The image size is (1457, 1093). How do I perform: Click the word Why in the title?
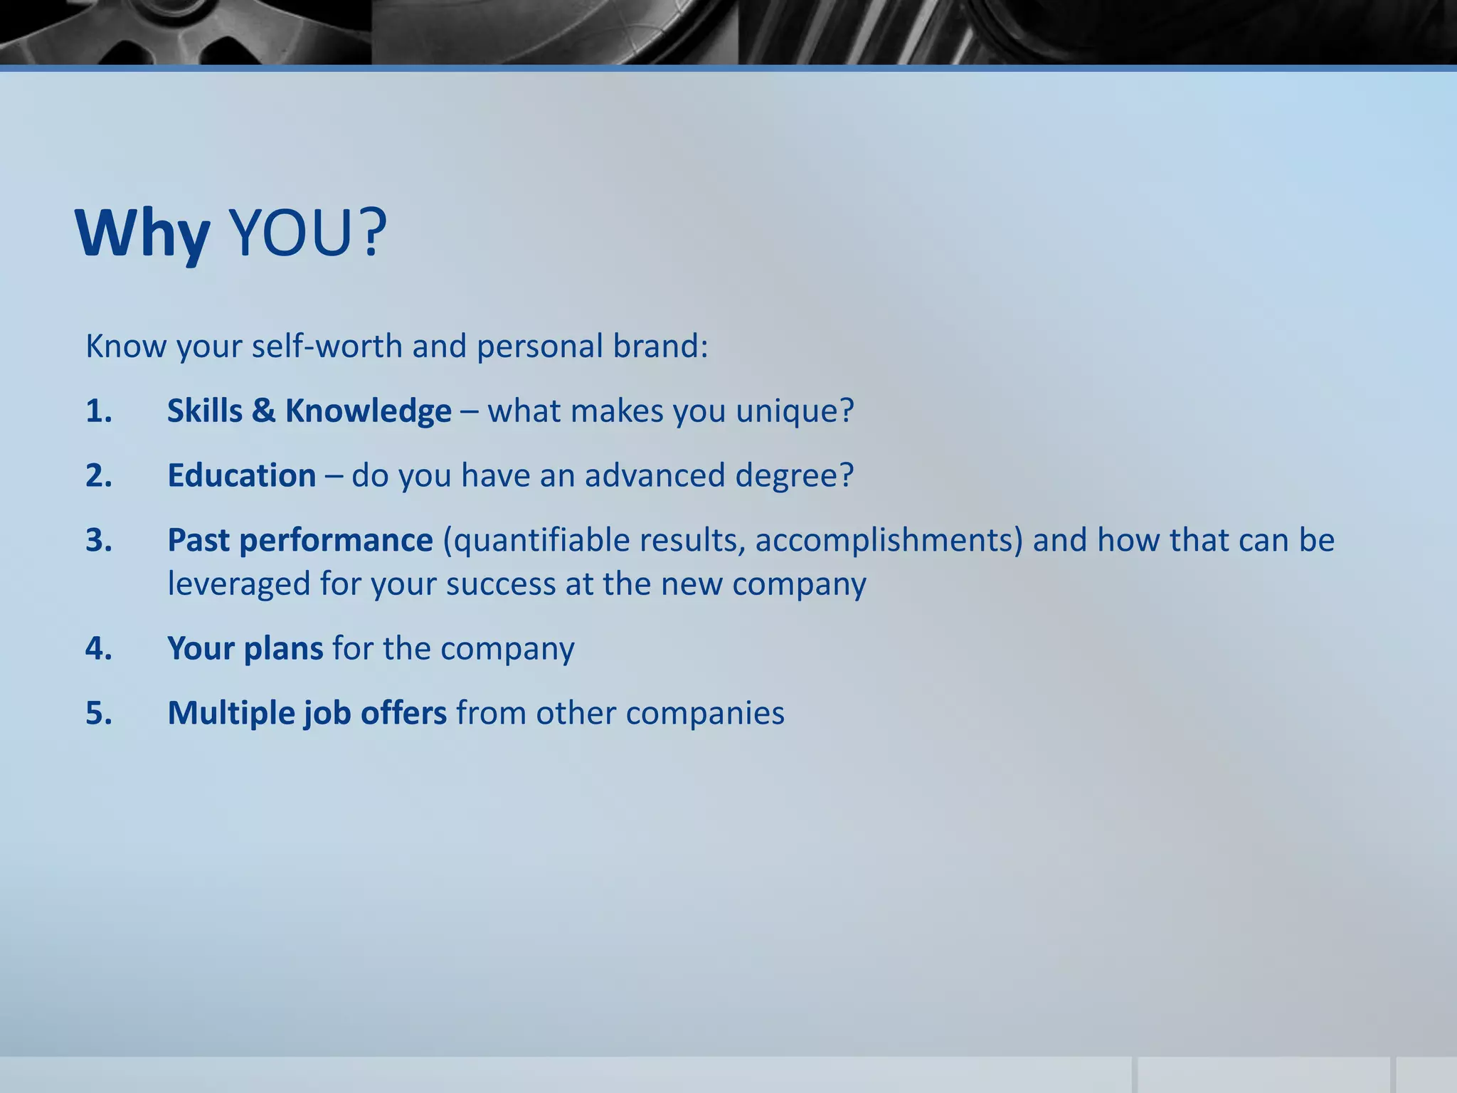(142, 233)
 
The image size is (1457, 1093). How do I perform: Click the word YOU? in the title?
(308, 233)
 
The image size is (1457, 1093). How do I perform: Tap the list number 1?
(99, 411)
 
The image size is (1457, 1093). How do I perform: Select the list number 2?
(99, 475)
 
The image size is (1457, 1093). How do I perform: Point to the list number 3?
(99, 540)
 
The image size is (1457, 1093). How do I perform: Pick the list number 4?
(99, 648)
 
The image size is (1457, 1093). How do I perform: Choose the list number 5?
(99, 713)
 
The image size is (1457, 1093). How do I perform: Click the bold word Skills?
(205, 411)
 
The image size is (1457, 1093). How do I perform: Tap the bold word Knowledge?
(368, 411)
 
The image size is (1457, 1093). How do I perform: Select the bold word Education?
(242, 475)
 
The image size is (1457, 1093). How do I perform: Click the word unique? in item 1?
(794, 411)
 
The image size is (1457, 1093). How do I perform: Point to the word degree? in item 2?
(794, 475)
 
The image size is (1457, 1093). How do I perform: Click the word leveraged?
(238, 584)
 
